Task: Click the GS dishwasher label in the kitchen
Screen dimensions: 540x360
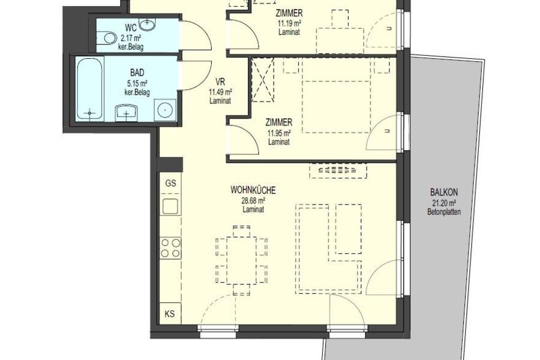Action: click(170, 183)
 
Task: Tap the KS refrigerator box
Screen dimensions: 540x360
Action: click(170, 313)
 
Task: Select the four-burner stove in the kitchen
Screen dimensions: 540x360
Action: click(170, 248)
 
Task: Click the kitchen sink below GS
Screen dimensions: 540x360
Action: click(170, 206)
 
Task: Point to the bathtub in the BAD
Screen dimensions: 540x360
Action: click(89, 89)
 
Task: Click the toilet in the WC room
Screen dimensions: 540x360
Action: click(106, 38)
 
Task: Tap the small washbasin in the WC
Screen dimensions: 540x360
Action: click(148, 23)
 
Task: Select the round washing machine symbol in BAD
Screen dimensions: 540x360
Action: click(166, 110)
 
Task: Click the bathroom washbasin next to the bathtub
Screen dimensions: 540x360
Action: click(127, 113)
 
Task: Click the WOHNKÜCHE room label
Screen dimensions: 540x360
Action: click(253, 190)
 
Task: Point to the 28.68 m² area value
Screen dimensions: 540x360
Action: click(253, 200)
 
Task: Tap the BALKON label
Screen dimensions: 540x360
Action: click(444, 192)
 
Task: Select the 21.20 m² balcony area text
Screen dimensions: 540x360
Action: click(444, 203)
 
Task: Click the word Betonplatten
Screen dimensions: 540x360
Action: click(444, 212)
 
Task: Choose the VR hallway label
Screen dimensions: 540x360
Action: click(220, 82)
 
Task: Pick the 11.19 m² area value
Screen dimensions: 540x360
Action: click(289, 23)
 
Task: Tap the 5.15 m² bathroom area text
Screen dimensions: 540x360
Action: click(137, 83)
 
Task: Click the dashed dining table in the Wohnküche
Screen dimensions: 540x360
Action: click(242, 260)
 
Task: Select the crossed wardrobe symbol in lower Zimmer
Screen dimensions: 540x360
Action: click(263, 80)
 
